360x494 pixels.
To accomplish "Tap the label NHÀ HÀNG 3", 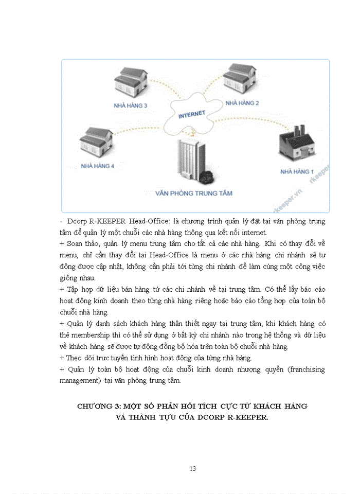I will coord(130,105).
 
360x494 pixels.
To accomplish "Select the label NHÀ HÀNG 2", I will coord(242,103).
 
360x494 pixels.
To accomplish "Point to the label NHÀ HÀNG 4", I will coord(97,166).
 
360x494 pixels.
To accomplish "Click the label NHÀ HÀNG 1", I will coord(297,171).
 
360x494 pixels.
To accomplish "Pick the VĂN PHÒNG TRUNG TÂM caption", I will coord(194,193).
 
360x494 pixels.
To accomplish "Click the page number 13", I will coord(193,468).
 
